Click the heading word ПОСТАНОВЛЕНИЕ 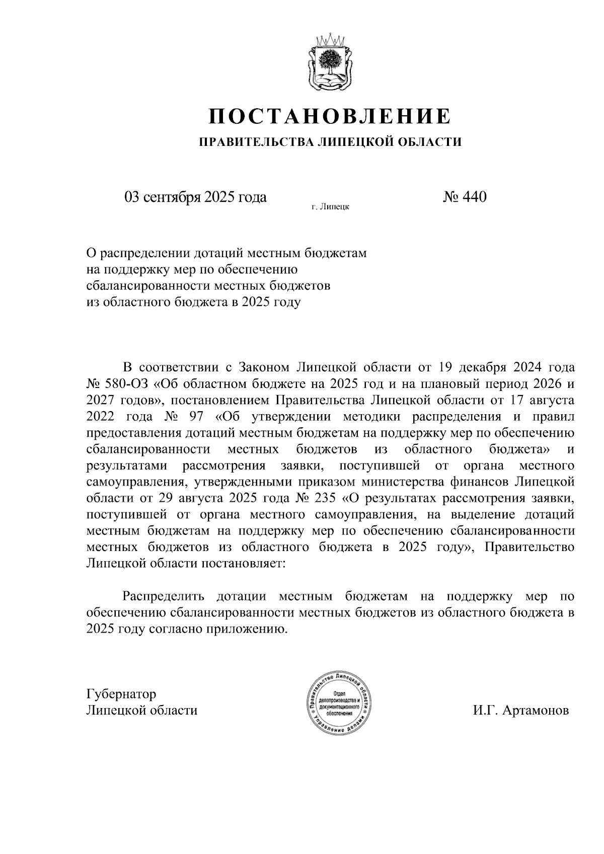coord(330,117)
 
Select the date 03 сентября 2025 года coord(195,197)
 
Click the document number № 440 coord(465,197)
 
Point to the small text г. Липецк coord(330,206)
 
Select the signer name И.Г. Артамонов coord(520,711)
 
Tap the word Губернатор coord(121,694)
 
